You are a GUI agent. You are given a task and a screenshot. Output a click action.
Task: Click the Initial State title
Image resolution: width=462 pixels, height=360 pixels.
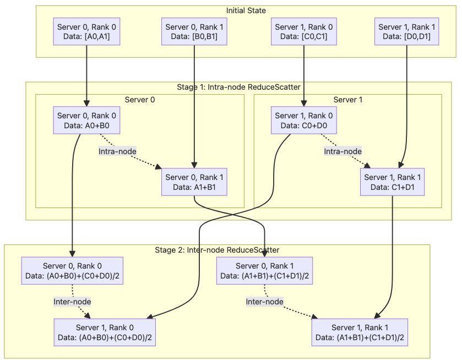coord(246,10)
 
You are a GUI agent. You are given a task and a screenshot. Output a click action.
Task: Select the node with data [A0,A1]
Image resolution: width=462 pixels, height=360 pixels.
coord(87,32)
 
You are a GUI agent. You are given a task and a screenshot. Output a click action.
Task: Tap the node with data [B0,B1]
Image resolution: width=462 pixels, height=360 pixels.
coord(194,32)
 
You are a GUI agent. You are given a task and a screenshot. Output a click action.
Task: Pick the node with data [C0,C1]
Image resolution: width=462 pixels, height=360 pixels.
coord(304,32)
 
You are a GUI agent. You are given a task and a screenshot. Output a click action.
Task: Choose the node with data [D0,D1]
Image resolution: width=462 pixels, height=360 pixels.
coord(407,32)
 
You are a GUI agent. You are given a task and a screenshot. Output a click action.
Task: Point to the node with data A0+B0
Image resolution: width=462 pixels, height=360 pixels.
coord(87,121)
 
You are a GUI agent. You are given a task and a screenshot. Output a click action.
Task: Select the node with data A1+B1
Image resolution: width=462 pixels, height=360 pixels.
coord(194,182)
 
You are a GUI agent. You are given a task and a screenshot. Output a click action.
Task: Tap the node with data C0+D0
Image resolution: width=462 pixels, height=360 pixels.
coord(304,121)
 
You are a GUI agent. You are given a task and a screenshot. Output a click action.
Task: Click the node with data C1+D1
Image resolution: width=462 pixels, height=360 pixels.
coord(393,182)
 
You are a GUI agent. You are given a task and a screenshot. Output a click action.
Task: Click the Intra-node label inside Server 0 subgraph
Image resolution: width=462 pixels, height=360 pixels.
coord(117,151)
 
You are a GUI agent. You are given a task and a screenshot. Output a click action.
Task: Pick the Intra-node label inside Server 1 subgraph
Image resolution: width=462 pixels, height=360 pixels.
coord(343,151)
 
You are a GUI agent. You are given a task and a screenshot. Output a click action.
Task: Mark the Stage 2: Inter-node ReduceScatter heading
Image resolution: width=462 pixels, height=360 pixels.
coord(217,250)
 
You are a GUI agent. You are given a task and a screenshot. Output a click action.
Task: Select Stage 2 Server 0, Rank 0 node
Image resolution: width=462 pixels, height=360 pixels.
coord(72,270)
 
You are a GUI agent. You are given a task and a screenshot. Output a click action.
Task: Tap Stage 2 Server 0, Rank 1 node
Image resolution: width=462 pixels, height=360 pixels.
coord(265,270)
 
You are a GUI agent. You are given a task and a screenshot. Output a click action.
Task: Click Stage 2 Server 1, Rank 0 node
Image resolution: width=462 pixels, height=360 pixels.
coord(101,332)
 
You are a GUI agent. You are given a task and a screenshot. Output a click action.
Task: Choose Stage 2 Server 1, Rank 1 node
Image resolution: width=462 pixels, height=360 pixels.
coord(360,332)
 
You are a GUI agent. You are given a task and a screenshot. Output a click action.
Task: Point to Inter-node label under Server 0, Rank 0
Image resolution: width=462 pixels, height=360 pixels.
coord(72,301)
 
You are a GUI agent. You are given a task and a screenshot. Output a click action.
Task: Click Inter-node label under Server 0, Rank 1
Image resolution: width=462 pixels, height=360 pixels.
coord(264,301)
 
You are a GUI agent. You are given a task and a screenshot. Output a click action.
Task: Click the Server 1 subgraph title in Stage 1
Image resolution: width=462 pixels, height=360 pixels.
coord(347,100)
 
